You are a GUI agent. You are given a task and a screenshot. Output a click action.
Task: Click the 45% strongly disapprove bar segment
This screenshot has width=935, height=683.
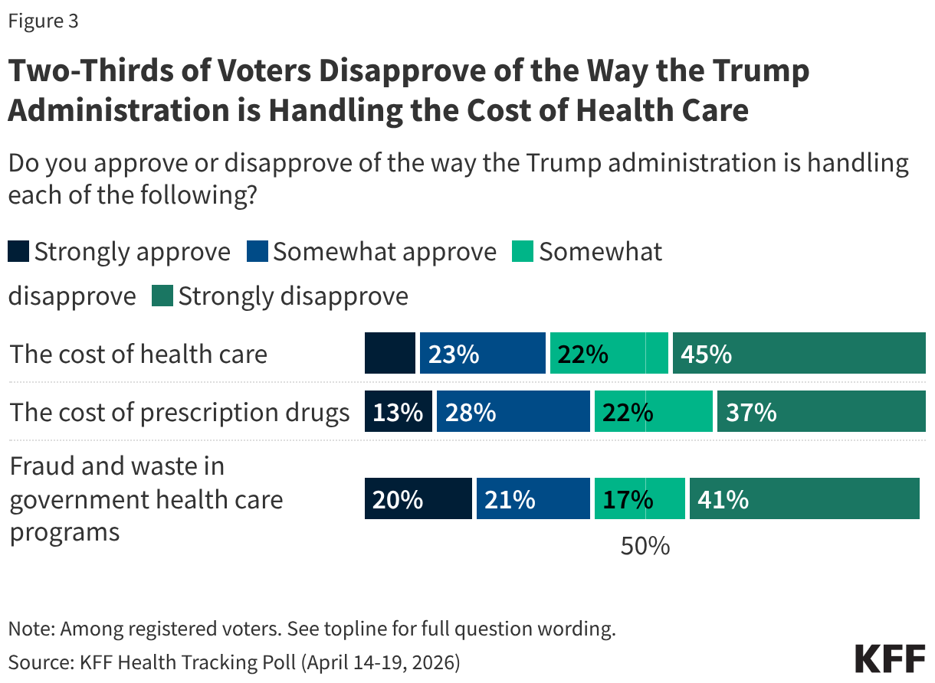pos(799,354)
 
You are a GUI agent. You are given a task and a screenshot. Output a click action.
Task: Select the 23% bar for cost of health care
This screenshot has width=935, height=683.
pos(482,354)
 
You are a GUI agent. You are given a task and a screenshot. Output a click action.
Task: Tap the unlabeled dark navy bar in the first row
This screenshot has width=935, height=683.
pos(389,354)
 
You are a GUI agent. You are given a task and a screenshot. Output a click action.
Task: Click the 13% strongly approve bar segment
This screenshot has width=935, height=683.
pos(398,412)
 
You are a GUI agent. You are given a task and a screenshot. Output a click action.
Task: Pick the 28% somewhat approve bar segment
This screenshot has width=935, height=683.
pos(513,412)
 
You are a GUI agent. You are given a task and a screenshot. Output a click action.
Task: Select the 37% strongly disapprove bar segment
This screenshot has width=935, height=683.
pos(821,412)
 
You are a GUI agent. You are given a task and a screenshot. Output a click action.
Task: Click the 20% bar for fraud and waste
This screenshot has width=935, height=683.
pos(418,498)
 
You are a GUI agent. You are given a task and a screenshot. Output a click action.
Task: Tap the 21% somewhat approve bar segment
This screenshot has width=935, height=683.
pos(533,498)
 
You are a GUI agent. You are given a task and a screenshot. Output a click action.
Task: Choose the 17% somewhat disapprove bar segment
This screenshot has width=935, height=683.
pos(639,498)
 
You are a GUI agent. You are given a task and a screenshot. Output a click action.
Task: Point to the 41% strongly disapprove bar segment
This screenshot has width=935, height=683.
pos(804,498)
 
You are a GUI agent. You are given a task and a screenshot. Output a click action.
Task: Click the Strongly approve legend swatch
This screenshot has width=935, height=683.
pos(18,252)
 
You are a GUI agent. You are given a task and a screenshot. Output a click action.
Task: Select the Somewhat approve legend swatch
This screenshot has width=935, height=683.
pos(257,252)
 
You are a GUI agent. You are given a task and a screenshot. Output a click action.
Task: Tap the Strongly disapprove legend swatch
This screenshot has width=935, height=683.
pos(163,296)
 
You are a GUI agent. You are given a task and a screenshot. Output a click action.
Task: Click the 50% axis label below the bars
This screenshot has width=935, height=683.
pos(645,546)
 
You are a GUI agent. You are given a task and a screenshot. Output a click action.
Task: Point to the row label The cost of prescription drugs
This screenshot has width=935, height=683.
pos(179,413)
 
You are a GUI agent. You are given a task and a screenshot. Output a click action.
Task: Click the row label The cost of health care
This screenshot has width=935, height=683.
pos(139,355)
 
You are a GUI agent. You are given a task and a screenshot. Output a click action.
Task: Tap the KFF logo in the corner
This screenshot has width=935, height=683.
pos(889,658)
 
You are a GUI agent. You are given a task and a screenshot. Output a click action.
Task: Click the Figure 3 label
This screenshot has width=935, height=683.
pos(43,21)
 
